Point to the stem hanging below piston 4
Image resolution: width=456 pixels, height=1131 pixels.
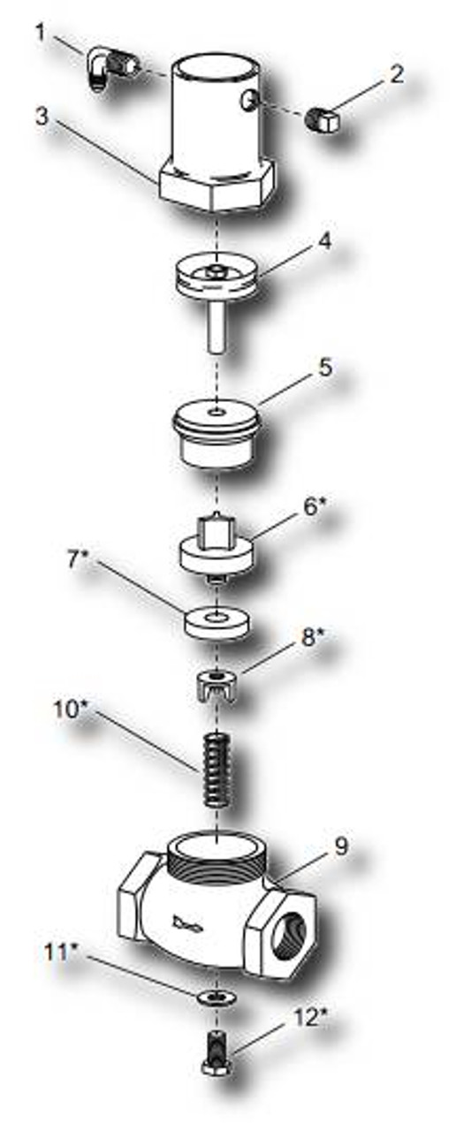[x=217, y=327]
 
